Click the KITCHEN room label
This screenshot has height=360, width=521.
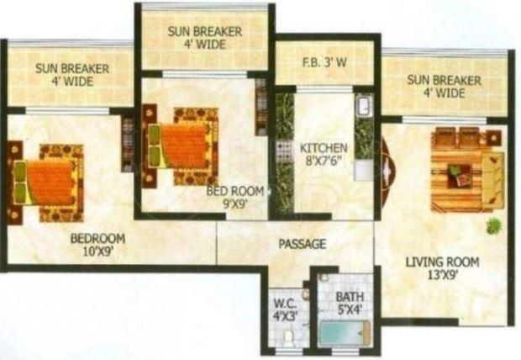[324, 149]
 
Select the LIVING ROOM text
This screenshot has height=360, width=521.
[442, 262]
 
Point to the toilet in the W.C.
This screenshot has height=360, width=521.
[288, 337]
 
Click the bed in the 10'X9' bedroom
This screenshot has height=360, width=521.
[50, 180]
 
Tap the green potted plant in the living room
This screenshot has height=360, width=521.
[493, 225]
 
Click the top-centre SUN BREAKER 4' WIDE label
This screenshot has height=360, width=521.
[205, 38]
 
